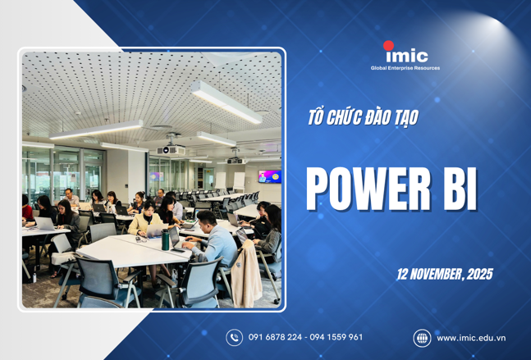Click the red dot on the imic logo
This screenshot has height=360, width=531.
(388, 46)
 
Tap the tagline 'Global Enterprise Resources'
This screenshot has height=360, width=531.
(405, 68)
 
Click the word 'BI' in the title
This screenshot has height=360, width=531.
(458, 189)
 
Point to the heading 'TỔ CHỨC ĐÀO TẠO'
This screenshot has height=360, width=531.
(362, 118)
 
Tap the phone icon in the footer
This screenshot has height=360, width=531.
(235, 337)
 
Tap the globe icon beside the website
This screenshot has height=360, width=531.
(422, 337)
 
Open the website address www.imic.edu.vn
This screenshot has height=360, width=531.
(470, 337)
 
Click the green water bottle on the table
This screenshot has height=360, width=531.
(166, 239)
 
